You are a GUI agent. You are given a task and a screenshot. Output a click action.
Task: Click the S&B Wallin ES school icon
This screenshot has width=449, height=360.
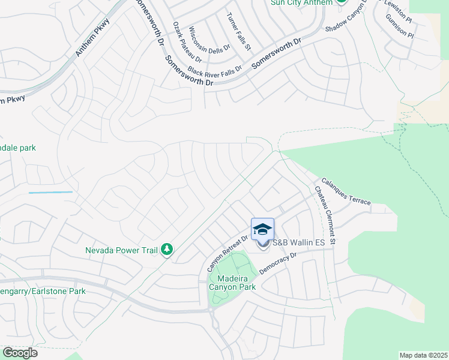pos(262,230)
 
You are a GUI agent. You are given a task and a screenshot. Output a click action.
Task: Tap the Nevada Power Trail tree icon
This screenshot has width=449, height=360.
pos(167,250)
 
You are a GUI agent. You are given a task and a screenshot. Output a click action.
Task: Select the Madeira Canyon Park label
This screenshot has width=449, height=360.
pos(232,282)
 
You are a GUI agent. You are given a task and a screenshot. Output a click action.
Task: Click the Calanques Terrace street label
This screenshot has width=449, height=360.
pos(346,191)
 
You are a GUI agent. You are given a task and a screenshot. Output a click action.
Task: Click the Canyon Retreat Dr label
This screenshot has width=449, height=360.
pos(228,252)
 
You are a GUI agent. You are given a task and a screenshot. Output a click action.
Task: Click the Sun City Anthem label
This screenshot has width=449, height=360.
pos(301,3)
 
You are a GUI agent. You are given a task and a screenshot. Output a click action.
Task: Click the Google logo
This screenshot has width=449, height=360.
pos(20,353)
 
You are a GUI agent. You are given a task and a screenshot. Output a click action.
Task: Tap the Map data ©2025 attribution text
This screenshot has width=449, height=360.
pos(423,355)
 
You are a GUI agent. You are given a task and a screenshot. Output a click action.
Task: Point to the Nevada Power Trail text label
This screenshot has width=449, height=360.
pos(122,250)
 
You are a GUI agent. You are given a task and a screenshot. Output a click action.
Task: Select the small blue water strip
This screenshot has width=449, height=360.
pos(50,192)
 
